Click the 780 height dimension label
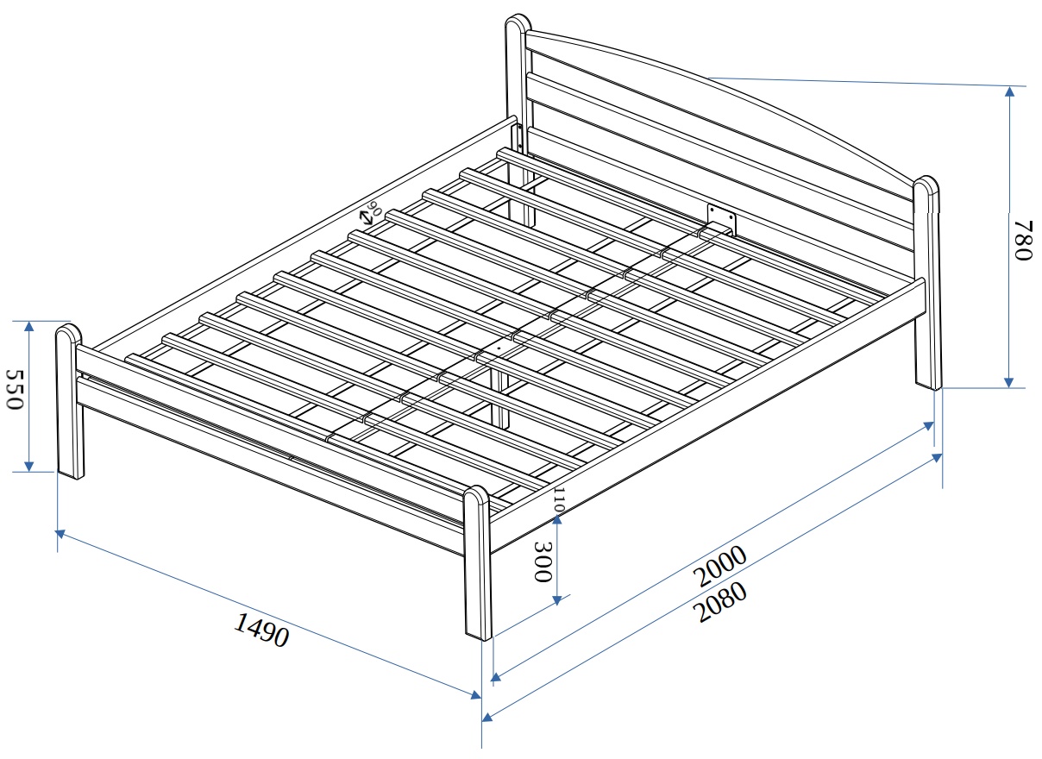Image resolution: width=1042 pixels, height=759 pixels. pyautogui.click(x=1024, y=241)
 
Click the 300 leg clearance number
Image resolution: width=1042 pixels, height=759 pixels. pyautogui.click(x=543, y=561)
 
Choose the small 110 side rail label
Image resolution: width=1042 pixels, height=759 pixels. pyautogui.click(x=559, y=499)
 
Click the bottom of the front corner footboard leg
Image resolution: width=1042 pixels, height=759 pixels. pyautogui.click(x=479, y=635)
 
